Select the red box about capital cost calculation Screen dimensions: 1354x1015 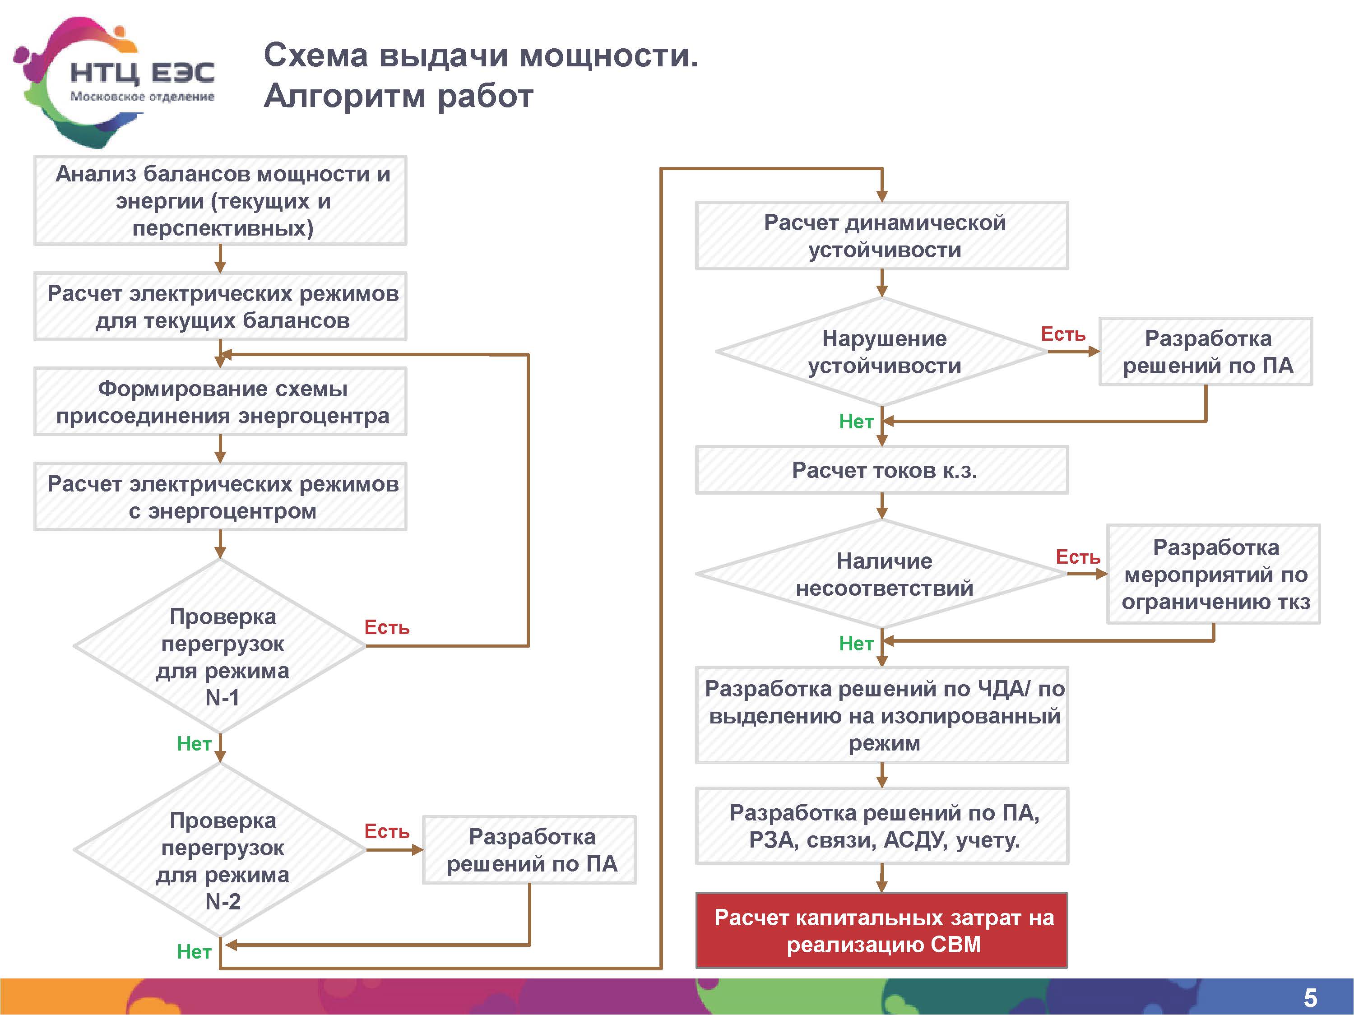[881, 930]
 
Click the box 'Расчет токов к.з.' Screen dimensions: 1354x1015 [882, 470]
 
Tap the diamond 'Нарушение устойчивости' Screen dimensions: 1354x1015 [882, 352]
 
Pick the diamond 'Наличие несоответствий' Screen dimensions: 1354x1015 [882, 574]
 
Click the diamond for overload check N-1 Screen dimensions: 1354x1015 [220, 646]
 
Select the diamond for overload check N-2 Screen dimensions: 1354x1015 [220, 850]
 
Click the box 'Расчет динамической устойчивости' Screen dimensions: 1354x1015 [882, 236]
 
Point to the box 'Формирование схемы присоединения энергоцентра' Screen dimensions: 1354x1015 [220, 402]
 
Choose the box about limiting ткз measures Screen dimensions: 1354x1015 [1213, 574]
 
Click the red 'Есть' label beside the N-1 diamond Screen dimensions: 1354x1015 [387, 627]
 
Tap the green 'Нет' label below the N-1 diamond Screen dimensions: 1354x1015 [194, 744]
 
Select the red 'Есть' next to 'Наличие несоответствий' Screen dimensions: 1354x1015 [1078, 557]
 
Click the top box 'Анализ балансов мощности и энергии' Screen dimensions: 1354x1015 [220, 201]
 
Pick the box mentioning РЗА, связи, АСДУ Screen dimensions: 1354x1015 [882, 826]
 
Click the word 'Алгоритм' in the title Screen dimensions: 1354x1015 [343, 96]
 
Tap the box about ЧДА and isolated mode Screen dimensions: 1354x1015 [882, 715]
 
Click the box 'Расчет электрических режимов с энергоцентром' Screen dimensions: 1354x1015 [220, 496]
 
